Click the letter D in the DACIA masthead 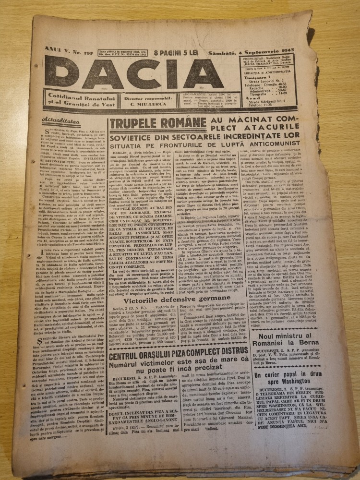pos(61,73)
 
